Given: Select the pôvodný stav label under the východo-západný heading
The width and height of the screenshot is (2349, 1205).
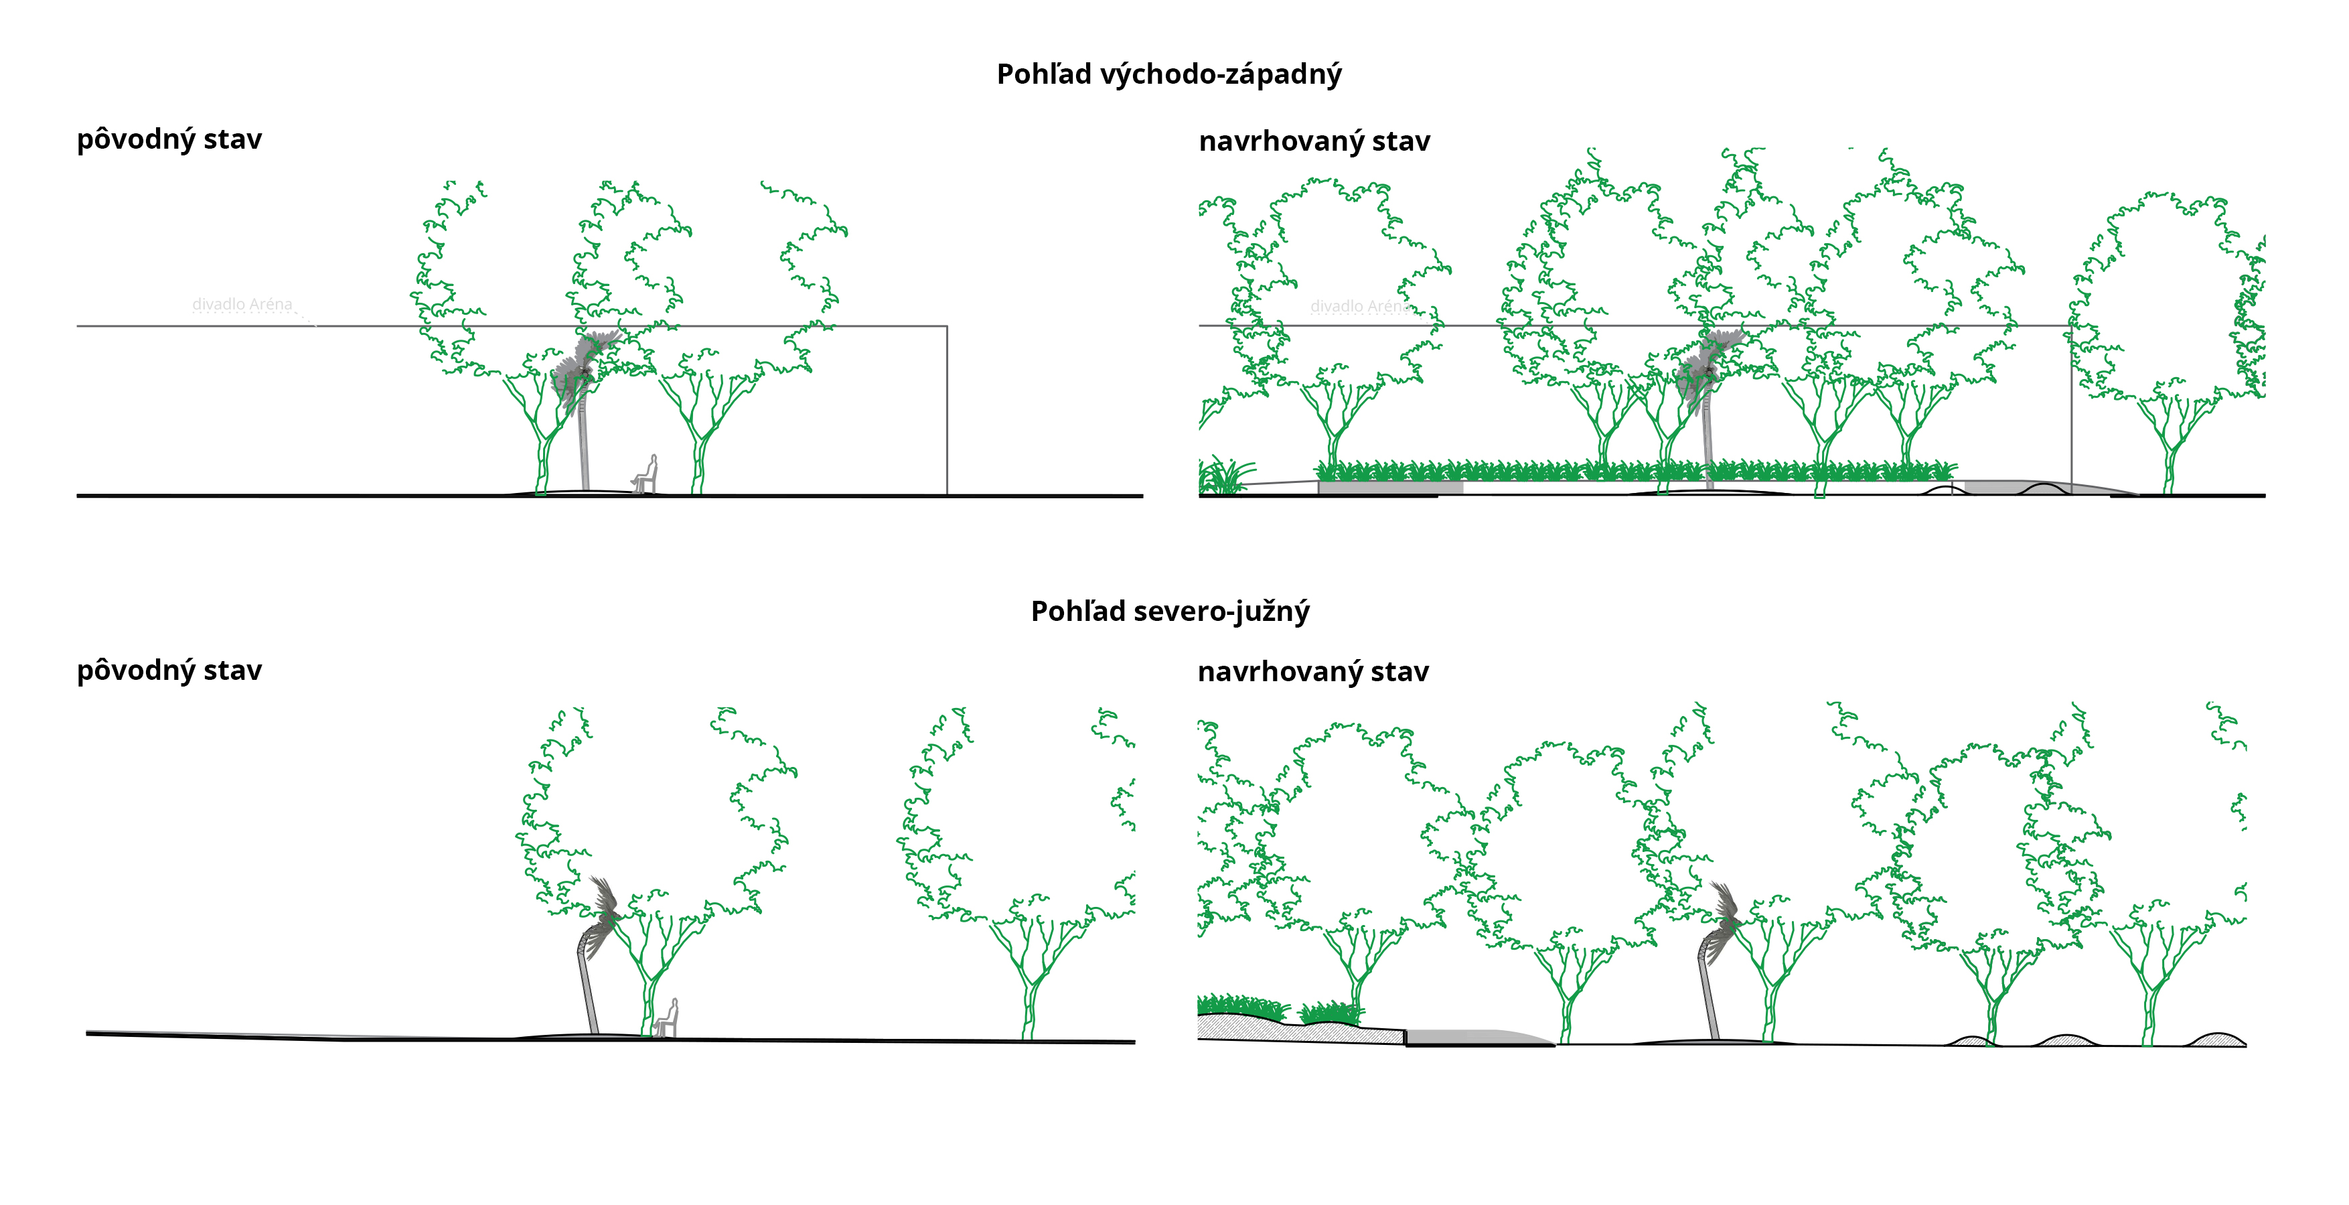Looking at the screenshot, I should (x=169, y=139).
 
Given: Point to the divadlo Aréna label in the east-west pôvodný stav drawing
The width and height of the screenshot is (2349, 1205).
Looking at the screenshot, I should (x=242, y=303).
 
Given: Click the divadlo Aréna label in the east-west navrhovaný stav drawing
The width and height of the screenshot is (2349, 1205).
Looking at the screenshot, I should (x=1358, y=307).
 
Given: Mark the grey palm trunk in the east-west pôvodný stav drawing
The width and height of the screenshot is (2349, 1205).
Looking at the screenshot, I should (x=584, y=447).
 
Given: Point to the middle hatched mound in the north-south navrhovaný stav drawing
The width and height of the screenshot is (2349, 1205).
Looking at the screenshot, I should (x=2065, y=1040).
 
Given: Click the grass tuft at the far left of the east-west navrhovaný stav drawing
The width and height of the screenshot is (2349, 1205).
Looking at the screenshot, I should (x=1222, y=476).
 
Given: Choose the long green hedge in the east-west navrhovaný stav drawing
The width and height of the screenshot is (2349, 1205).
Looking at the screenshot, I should (x=1633, y=472).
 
